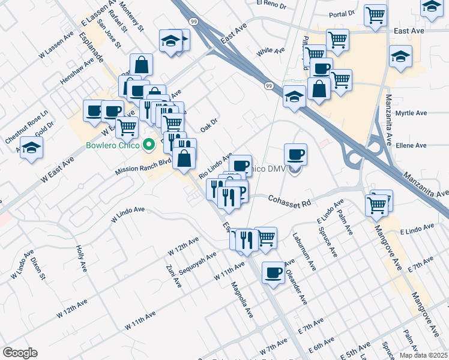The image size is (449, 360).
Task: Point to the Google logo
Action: coord(20,353)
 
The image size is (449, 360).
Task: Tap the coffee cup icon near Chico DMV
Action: coord(295,155)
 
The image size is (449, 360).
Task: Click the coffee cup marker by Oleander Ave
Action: coord(274,272)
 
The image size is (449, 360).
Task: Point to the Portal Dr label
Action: coord(342,12)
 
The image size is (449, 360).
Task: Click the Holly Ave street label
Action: coord(80,256)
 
